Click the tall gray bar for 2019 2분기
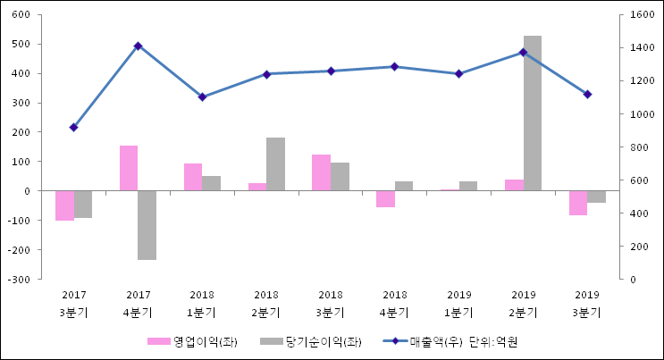click(532, 113)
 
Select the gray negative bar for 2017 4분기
click(147, 225)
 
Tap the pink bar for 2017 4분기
click(129, 168)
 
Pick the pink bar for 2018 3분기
click(321, 172)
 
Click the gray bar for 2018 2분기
click(275, 164)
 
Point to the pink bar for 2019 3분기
click(577, 203)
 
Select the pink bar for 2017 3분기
click(64, 205)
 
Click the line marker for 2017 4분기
click(138, 46)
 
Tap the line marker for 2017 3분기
click(73, 128)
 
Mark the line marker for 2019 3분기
click(587, 94)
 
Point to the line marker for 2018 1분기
click(202, 96)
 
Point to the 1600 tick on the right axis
click(641, 15)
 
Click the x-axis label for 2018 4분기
click(394, 304)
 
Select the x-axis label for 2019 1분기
click(458, 304)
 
